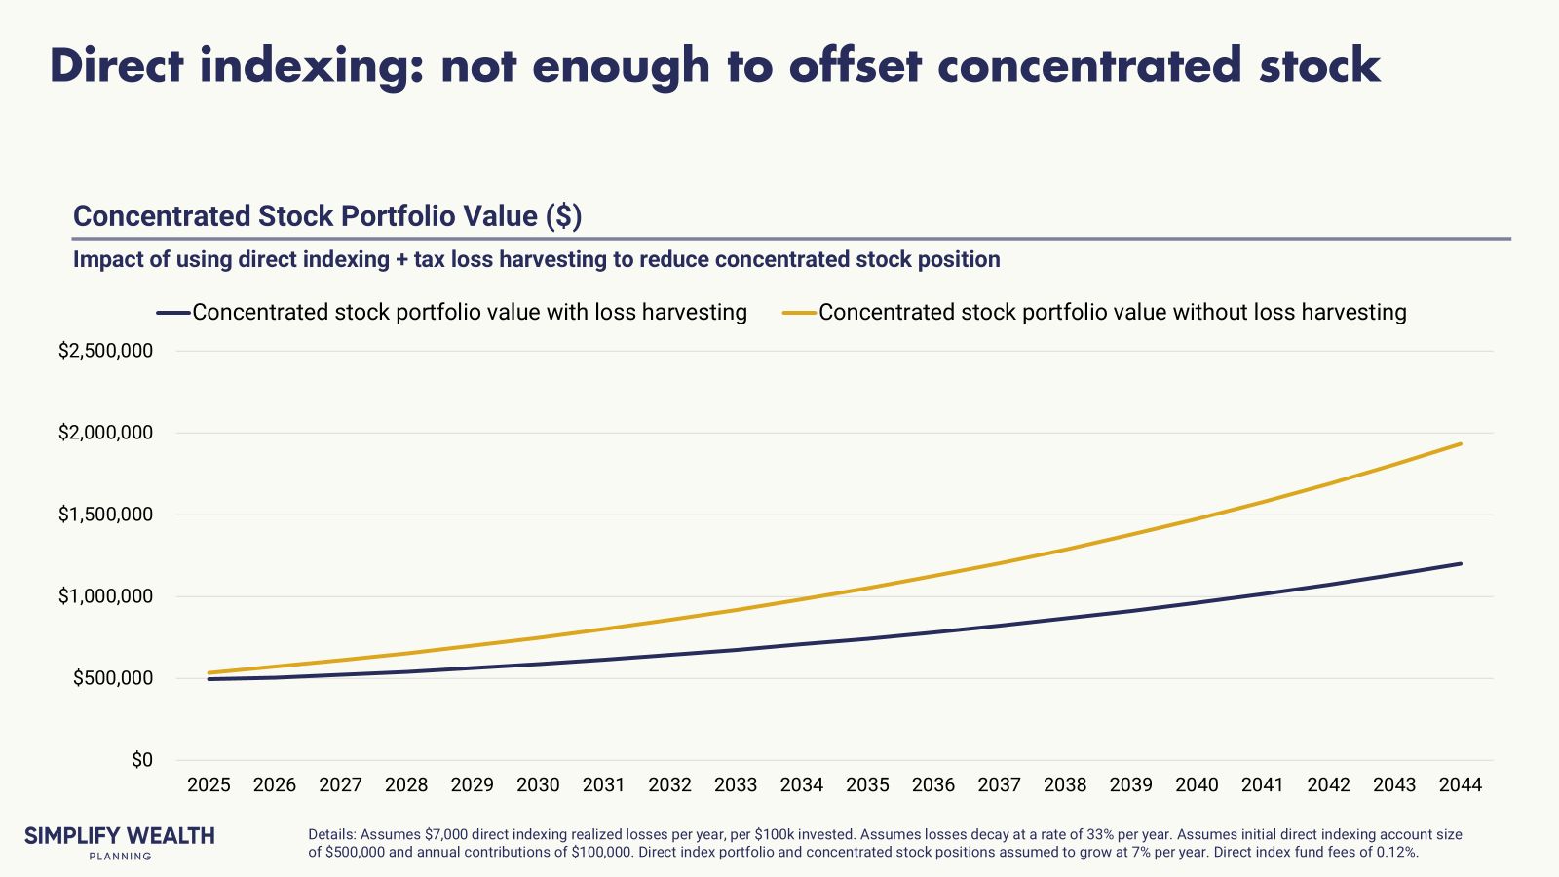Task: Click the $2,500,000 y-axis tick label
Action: click(105, 351)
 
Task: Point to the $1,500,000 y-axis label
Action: click(105, 515)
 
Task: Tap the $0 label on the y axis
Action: click(142, 760)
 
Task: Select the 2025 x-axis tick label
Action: click(209, 785)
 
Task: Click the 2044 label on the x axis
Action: click(1460, 785)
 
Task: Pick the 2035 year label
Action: click(867, 785)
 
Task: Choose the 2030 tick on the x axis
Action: click(538, 785)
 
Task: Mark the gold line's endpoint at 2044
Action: click(1461, 444)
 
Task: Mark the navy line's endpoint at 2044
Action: click(1461, 563)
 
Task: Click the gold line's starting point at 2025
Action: click(209, 672)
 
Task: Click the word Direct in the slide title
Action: click(117, 66)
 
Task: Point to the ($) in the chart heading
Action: click(564, 216)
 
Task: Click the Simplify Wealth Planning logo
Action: click(119, 842)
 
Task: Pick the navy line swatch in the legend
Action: click(173, 313)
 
